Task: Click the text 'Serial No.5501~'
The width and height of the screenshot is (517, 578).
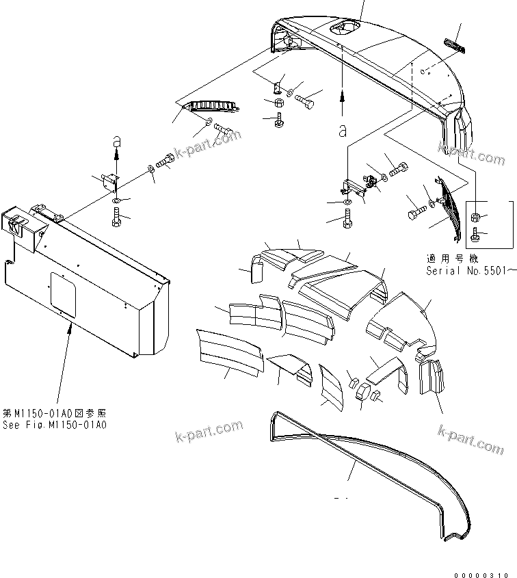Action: point(468,270)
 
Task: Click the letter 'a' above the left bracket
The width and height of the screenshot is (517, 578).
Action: point(116,140)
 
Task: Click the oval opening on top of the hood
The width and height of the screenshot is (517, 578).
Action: point(342,28)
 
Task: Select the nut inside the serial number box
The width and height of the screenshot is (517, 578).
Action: point(474,218)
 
